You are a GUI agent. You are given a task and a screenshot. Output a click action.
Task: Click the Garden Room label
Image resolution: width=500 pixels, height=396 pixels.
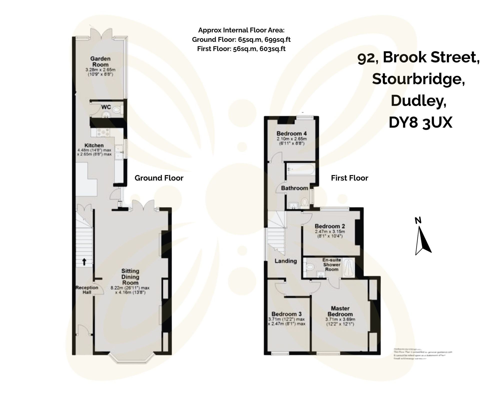click(x=100, y=61)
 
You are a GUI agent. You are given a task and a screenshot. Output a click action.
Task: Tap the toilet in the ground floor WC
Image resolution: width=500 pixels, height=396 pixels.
click(x=117, y=109)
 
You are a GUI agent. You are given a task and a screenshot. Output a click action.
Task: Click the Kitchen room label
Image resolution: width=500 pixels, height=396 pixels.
click(x=94, y=145)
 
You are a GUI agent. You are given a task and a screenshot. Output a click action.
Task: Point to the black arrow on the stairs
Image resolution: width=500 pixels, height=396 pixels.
click(x=84, y=262)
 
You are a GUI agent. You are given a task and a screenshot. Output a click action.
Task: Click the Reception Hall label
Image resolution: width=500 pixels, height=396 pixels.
click(x=87, y=289)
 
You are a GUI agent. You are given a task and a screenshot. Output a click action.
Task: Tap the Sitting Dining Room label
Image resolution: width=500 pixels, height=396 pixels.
click(x=130, y=277)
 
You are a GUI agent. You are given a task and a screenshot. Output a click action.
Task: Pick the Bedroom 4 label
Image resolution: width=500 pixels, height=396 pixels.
click(x=291, y=133)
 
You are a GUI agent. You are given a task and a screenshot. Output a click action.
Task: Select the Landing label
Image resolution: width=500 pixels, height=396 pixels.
click(x=285, y=261)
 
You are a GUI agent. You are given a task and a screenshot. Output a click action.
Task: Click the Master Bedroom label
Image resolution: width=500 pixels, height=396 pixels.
click(x=340, y=311)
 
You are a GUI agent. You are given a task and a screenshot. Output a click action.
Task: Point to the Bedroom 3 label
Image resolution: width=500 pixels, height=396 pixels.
click(x=286, y=314)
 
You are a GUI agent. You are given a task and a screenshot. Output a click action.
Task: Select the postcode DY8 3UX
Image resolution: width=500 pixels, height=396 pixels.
click(x=420, y=123)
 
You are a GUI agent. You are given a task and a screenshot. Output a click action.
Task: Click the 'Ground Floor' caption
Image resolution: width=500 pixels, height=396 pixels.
click(x=159, y=178)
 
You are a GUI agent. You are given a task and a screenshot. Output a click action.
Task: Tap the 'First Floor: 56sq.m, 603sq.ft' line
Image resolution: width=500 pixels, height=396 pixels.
click(x=241, y=49)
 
